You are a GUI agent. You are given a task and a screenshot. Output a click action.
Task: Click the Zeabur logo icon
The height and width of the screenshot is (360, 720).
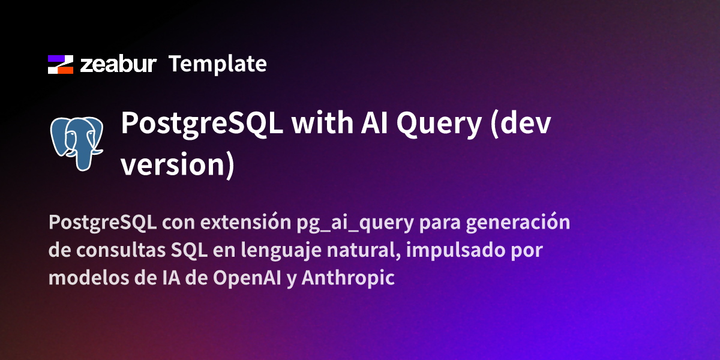pos(60,64)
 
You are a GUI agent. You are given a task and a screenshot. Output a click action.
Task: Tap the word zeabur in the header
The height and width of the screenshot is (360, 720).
pos(119,64)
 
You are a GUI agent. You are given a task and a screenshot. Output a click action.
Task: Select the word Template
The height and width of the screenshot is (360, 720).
pos(217,64)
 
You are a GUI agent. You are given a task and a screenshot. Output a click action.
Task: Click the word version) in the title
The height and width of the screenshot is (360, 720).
pos(178,164)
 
